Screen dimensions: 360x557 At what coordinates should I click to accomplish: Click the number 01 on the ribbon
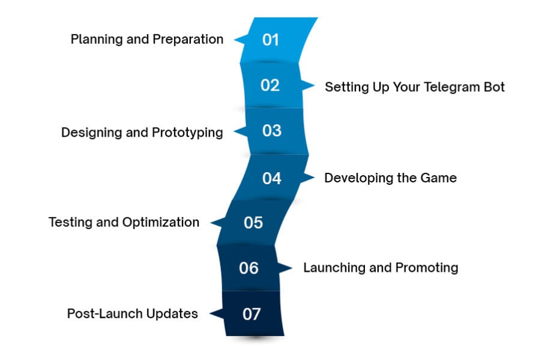click(x=271, y=40)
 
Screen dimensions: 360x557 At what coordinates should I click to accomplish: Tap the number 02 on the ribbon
click(x=270, y=86)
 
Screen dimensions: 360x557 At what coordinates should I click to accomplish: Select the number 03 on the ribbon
click(x=272, y=131)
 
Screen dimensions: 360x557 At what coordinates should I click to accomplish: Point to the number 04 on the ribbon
click(x=272, y=178)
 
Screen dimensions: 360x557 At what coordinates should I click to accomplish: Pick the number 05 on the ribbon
click(x=253, y=223)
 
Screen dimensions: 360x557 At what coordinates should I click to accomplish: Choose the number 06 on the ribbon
click(x=248, y=268)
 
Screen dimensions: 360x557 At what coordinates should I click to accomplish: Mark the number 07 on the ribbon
click(x=252, y=314)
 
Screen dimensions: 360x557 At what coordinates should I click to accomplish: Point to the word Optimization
click(x=161, y=222)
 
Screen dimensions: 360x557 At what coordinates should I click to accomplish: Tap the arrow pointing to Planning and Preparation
click(x=239, y=40)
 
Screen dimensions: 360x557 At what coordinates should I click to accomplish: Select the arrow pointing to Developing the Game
click(x=309, y=178)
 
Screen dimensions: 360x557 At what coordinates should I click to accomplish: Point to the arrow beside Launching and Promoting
click(x=286, y=268)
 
